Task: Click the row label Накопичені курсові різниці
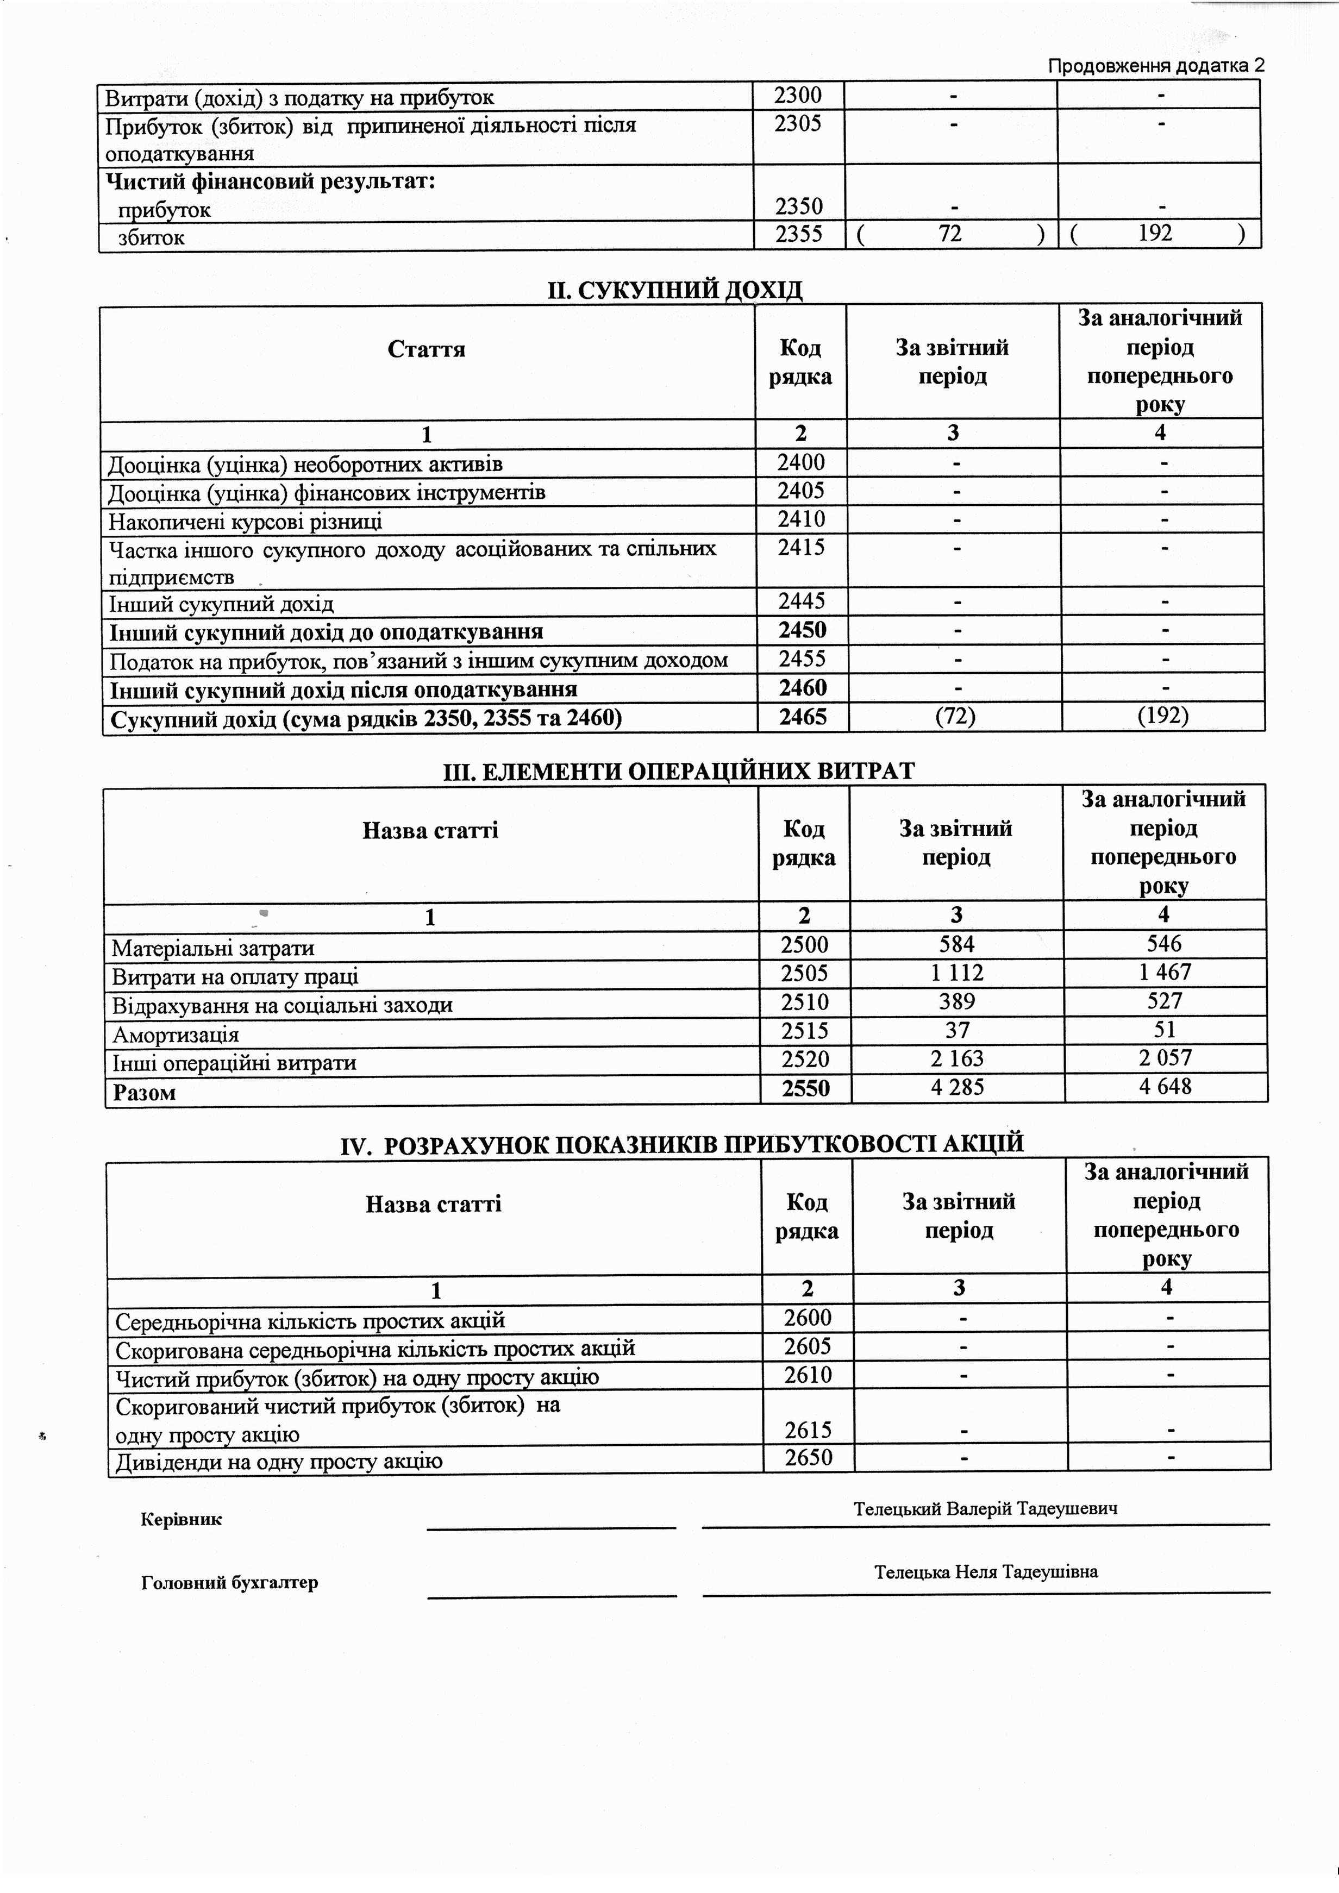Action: (x=245, y=521)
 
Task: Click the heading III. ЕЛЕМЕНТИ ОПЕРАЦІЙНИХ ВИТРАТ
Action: (x=679, y=771)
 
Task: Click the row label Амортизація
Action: (x=175, y=1035)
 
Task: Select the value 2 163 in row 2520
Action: (x=958, y=1058)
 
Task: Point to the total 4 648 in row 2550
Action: (x=1165, y=1087)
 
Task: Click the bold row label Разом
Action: (x=145, y=1093)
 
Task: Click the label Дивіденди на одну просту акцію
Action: (x=279, y=1462)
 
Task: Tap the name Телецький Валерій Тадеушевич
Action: (x=985, y=1509)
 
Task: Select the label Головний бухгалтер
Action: (x=229, y=1582)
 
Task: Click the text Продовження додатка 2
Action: (x=1156, y=66)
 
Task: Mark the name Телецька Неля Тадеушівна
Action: (x=985, y=1571)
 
